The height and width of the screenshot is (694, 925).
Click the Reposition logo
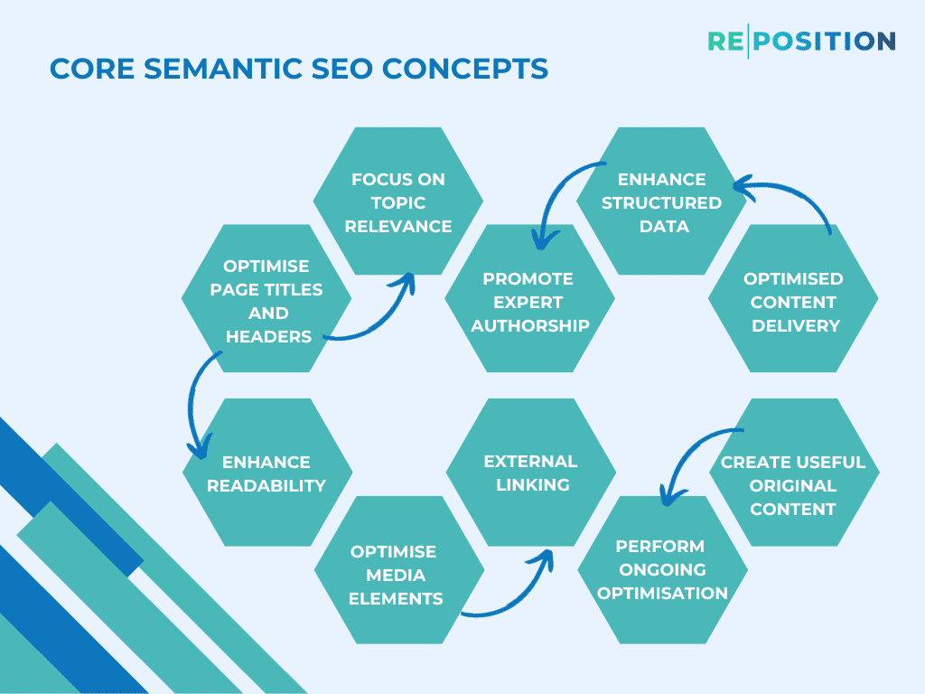click(x=801, y=42)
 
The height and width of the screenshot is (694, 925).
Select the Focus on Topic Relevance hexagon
click(x=398, y=202)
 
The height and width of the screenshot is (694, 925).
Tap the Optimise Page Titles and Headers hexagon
click(x=266, y=300)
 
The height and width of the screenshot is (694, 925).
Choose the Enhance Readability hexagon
click(x=266, y=473)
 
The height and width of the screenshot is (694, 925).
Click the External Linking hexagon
click(x=530, y=473)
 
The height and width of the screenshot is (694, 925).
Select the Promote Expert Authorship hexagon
click(x=529, y=300)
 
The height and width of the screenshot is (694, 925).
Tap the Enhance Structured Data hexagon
click(x=662, y=202)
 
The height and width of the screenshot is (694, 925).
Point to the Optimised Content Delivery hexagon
click(x=793, y=300)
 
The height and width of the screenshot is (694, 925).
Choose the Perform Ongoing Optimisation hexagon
click(x=662, y=569)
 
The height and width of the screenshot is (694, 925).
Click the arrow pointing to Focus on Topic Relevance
click(x=379, y=316)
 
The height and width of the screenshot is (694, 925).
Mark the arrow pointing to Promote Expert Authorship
click(x=556, y=194)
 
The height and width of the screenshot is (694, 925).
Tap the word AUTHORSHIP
click(x=529, y=325)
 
